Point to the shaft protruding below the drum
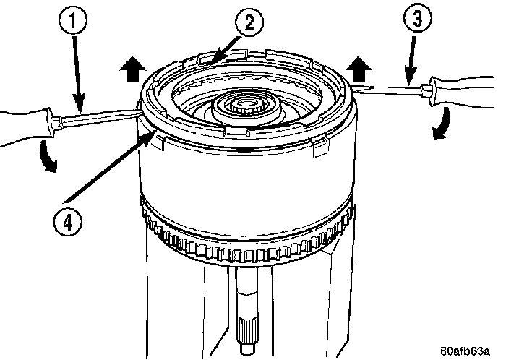(x=247, y=311)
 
